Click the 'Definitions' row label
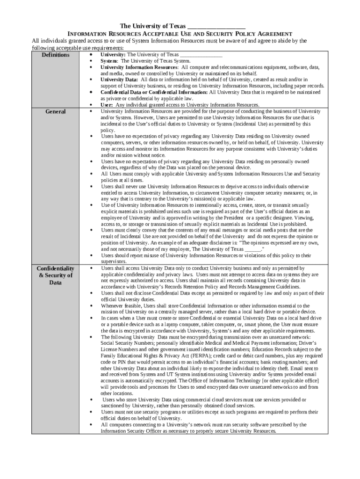pos(56,55)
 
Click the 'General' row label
pos(56,112)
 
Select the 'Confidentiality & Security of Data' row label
pos(56,275)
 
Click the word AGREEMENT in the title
pos(275,34)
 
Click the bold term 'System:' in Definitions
pos(109,61)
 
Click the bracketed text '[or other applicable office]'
pos(287,381)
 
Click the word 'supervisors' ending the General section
pos(113,262)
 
